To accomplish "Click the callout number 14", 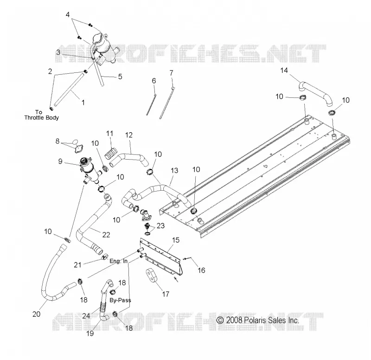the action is click(x=284, y=71).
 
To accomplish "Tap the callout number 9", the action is click(x=60, y=161).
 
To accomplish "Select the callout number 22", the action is click(x=106, y=235).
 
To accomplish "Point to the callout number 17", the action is click(x=166, y=294).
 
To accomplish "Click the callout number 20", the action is click(x=37, y=314).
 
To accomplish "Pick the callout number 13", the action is click(x=174, y=170).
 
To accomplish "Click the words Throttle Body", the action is click(x=42, y=118).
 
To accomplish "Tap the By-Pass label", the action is click(x=120, y=300).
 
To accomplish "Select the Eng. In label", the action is click(x=119, y=261).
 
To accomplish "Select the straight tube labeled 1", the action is click(x=69, y=90).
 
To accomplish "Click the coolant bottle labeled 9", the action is click(x=90, y=170).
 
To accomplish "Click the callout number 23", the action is click(x=160, y=225).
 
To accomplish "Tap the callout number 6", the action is click(x=154, y=81).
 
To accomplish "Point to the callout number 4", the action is click(x=68, y=15).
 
